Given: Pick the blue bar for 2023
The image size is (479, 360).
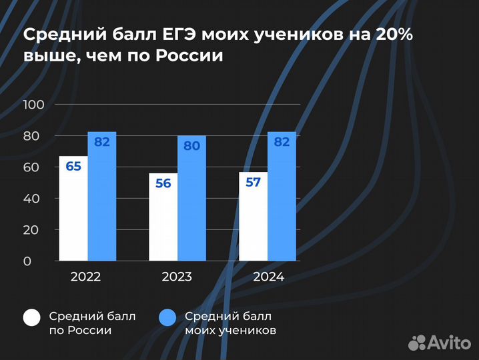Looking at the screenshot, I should coord(191,200).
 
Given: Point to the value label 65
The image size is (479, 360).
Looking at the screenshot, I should coord(73,166).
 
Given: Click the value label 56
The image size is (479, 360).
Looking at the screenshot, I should coord(163,183).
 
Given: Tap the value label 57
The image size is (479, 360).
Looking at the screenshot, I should coord(253,181).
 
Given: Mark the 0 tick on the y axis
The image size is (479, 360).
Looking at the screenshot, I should coord(27,261).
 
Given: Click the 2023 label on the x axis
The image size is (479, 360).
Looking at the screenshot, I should coord(177,277).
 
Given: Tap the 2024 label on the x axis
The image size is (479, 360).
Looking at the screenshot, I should coord(267,277).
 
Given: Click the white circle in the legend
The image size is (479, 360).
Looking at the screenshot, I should coord(32,319).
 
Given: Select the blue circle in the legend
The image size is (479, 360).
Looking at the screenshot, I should coord(167,319).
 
